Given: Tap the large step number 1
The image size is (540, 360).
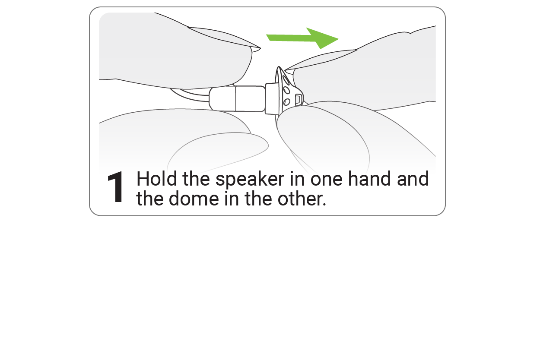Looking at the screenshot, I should pyautogui.click(x=116, y=188).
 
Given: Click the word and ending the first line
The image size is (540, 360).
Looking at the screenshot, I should pyautogui.click(x=413, y=179).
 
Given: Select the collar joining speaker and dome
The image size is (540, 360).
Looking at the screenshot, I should pyautogui.click(x=271, y=99).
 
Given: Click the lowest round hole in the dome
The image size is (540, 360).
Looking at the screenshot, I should pyautogui.click(x=286, y=102).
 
